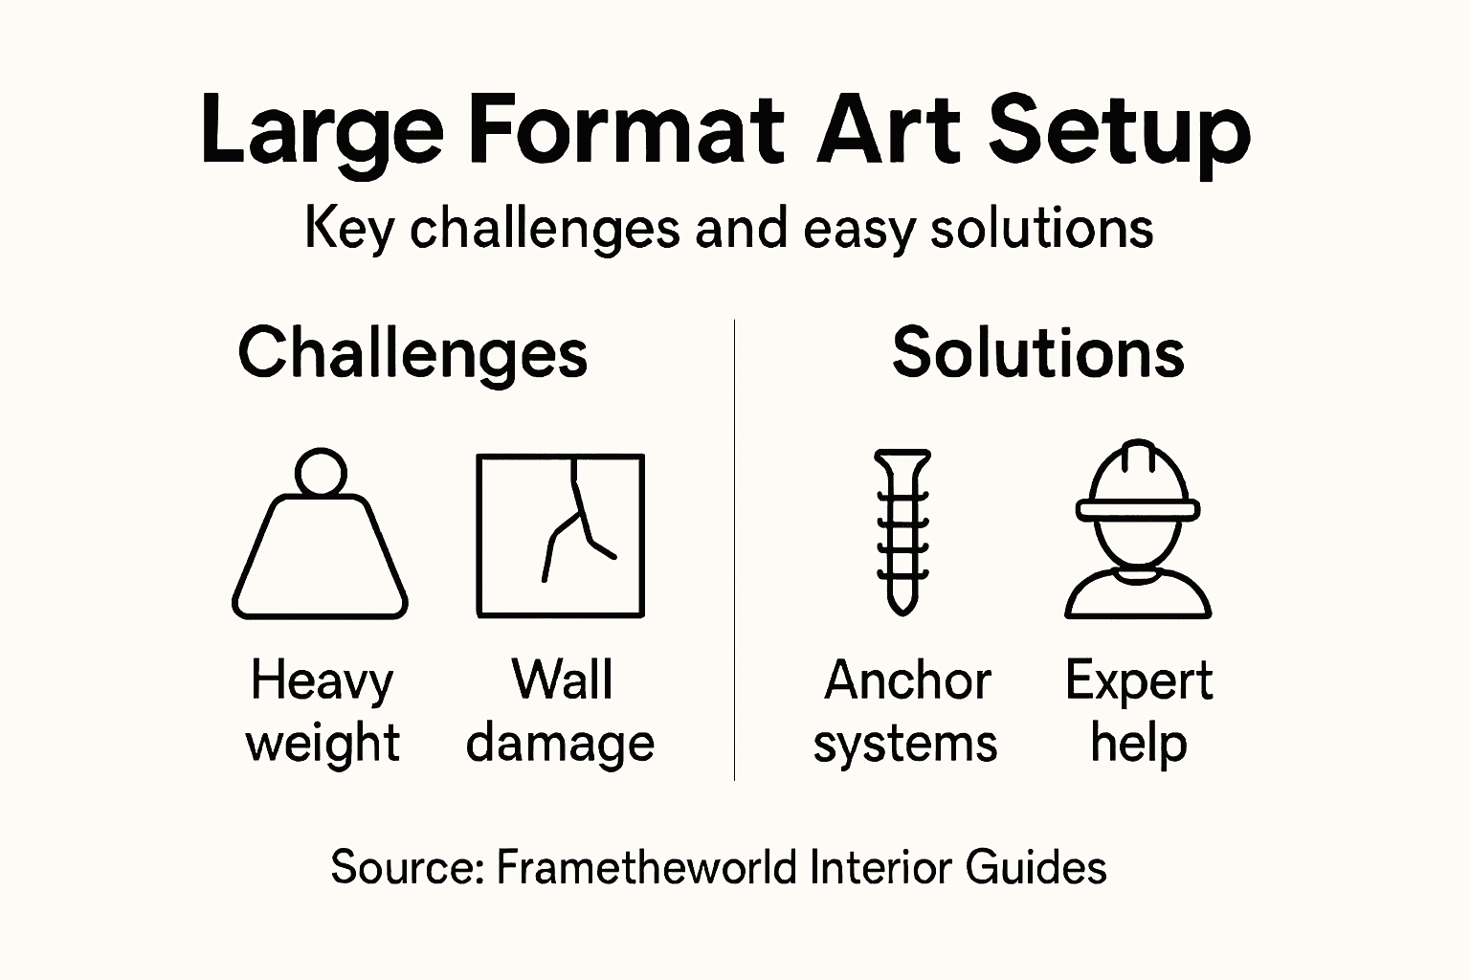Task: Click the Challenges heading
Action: pos(412,353)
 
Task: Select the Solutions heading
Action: pos(1038,353)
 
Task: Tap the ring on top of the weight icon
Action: pos(321,472)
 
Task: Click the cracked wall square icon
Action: pos(561,536)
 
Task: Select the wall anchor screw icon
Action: pos(902,531)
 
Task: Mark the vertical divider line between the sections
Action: pos(734,550)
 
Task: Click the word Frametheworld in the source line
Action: pos(647,868)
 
